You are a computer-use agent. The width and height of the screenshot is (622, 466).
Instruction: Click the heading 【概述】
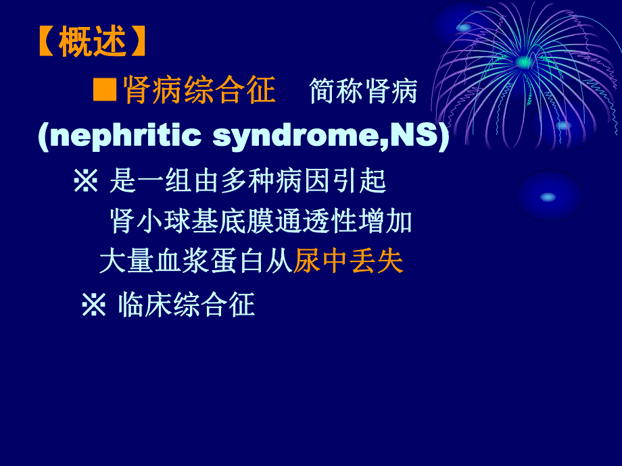[x=91, y=43]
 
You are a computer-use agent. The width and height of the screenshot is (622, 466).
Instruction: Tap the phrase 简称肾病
[x=363, y=93]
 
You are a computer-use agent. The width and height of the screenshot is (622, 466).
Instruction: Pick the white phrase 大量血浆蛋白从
[x=195, y=262]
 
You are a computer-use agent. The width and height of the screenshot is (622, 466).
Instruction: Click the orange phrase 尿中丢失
[x=348, y=262]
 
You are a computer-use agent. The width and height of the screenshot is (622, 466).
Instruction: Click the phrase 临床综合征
[x=186, y=305]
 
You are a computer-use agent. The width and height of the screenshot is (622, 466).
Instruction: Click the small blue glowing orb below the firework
[x=547, y=197]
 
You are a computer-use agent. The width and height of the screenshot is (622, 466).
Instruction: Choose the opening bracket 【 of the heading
[x=45, y=43]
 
